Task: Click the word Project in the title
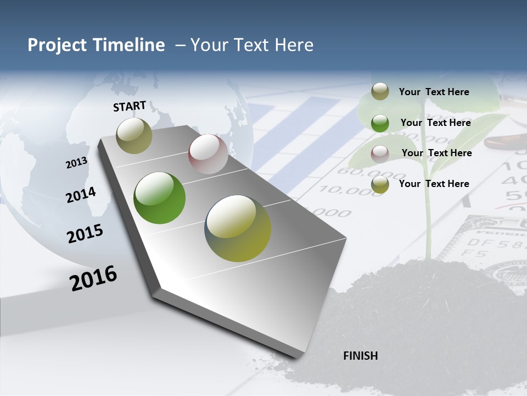[x=52, y=45]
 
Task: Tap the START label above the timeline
[x=130, y=106]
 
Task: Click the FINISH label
[x=360, y=356]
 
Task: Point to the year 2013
[x=76, y=163]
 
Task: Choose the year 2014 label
[x=81, y=195]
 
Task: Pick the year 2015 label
[x=85, y=234]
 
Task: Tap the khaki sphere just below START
[x=134, y=135]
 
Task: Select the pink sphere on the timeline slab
[x=208, y=154]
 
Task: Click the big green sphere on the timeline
[x=160, y=198]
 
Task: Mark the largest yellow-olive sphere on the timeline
[x=238, y=228]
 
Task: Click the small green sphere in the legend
[x=380, y=123]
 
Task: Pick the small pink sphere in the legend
[x=380, y=153]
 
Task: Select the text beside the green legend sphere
[x=435, y=123]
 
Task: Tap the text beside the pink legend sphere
[x=436, y=153]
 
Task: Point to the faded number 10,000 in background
[x=343, y=190]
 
